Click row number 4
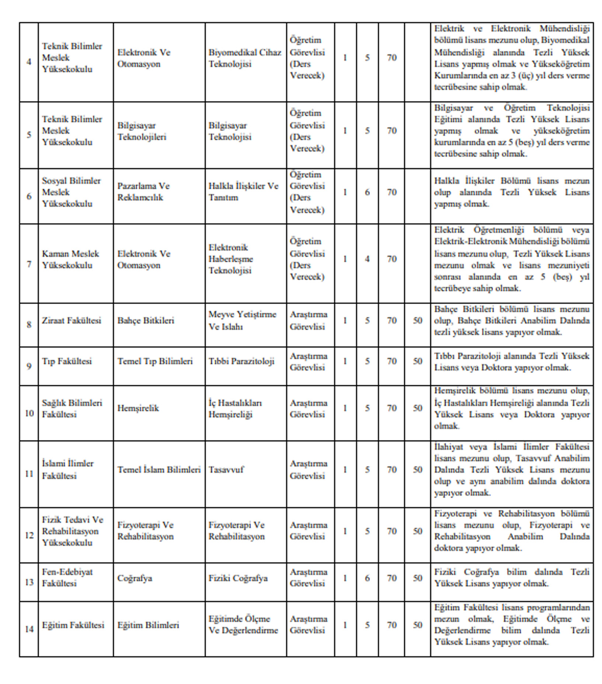29,62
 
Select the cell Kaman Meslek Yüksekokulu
70,259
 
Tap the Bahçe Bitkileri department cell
146,321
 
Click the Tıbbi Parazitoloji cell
241,361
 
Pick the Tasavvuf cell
226,470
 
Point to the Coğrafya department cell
135,578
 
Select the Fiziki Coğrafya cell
238,578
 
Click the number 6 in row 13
367,578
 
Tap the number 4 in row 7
367,259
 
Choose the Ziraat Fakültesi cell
72,321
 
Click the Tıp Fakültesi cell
67,361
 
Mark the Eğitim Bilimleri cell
148,625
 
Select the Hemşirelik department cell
138,408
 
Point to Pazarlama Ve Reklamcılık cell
143,192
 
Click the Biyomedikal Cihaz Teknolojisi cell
245,58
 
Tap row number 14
29,629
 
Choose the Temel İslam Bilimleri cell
159,470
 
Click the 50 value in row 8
417,321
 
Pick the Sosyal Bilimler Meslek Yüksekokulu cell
71,192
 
